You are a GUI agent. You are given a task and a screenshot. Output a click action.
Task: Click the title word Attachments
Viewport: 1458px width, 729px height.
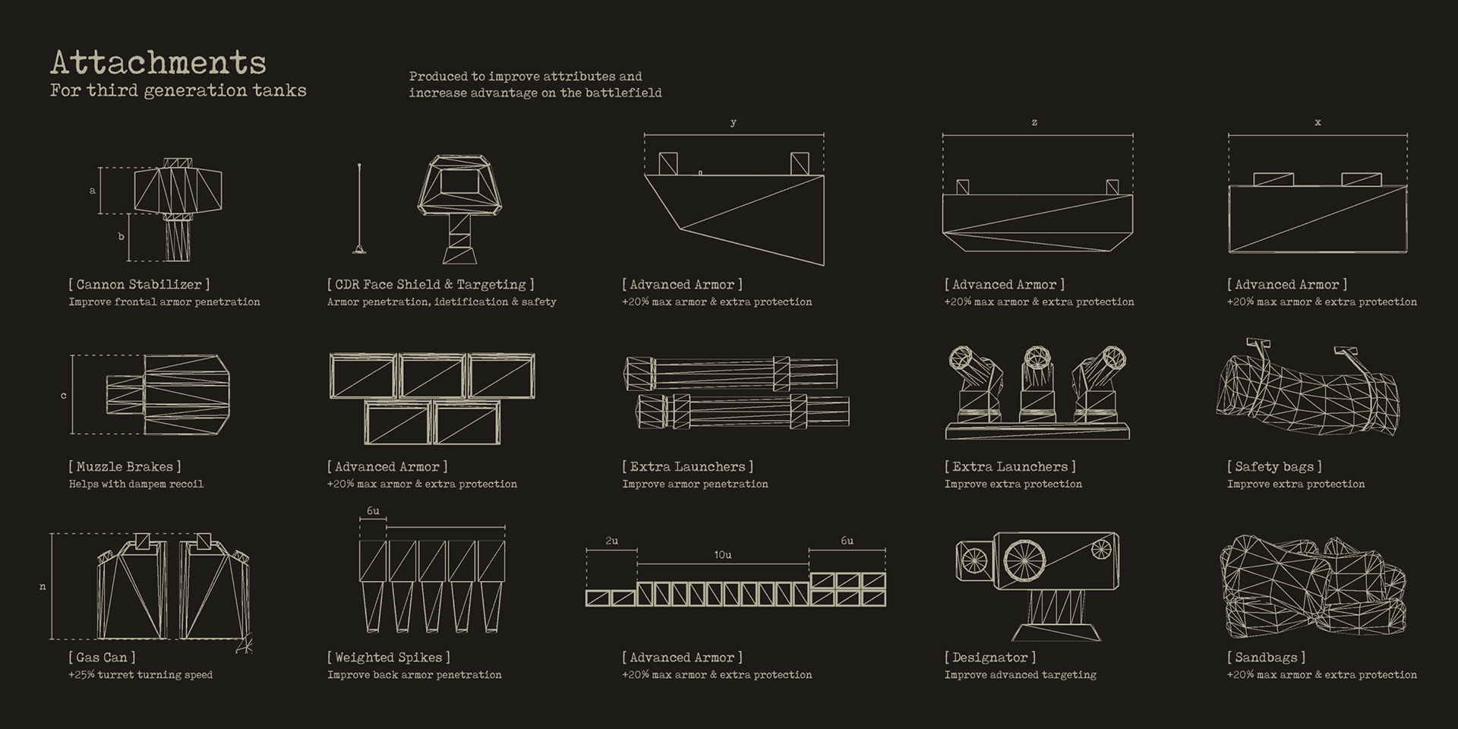158,62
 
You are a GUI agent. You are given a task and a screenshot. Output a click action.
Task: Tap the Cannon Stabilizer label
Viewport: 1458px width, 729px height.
139,285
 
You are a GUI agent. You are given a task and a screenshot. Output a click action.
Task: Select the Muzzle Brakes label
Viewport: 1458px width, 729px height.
125,467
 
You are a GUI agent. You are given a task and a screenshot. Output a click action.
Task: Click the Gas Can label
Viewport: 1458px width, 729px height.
102,658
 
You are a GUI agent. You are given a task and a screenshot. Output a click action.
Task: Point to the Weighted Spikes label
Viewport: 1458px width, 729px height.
388,658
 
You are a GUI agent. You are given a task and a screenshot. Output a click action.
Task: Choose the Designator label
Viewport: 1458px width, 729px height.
989,658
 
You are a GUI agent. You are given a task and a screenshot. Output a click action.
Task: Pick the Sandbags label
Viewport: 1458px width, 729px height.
1266,658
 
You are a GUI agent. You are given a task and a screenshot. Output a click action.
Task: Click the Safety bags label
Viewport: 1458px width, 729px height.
1274,467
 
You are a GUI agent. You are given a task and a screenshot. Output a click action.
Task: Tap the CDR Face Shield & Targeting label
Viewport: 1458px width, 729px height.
431,285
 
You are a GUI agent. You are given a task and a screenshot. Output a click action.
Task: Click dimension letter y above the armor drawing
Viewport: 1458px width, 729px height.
733,122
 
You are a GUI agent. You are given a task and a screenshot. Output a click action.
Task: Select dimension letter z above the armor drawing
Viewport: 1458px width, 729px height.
1034,122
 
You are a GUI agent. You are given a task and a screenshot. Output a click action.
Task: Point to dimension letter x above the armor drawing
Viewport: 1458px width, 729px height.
1318,122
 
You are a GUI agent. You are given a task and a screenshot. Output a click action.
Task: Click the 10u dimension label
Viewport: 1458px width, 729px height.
722,555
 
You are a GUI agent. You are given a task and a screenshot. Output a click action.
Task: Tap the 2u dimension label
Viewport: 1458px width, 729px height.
611,541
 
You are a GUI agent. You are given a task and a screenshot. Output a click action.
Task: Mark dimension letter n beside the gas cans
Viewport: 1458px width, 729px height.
43,586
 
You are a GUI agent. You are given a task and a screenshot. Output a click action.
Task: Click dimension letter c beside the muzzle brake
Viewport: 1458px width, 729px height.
63,396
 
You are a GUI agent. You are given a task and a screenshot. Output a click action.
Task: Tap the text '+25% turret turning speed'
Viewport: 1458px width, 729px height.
140,675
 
